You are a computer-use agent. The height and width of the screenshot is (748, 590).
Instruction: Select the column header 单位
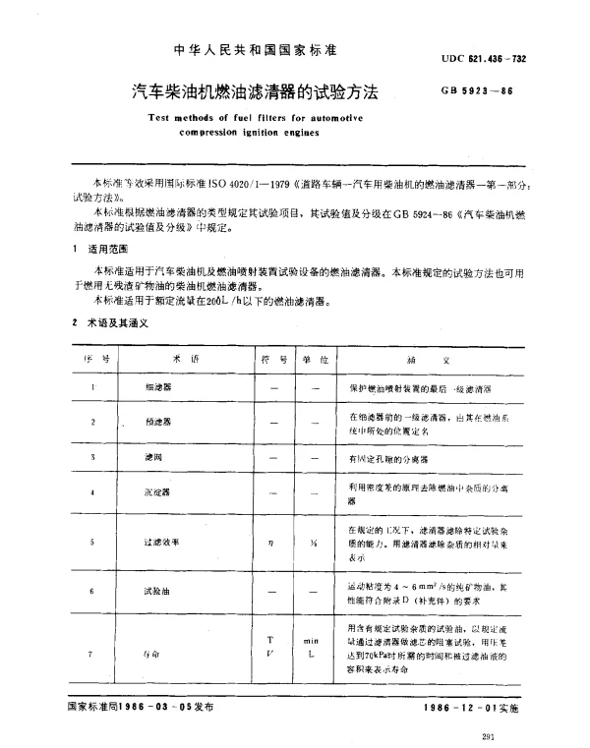tap(311, 361)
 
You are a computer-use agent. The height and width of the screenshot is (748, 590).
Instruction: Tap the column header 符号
tap(271, 361)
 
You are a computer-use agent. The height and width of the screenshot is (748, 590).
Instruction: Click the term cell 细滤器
tap(156, 388)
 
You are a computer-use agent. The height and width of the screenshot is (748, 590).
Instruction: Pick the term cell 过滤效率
tap(161, 542)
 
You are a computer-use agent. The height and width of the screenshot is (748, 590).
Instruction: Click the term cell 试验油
tap(158, 593)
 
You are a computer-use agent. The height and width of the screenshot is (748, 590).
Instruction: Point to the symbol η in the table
tap(270, 542)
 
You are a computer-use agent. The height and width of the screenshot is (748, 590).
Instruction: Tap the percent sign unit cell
tap(310, 542)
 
